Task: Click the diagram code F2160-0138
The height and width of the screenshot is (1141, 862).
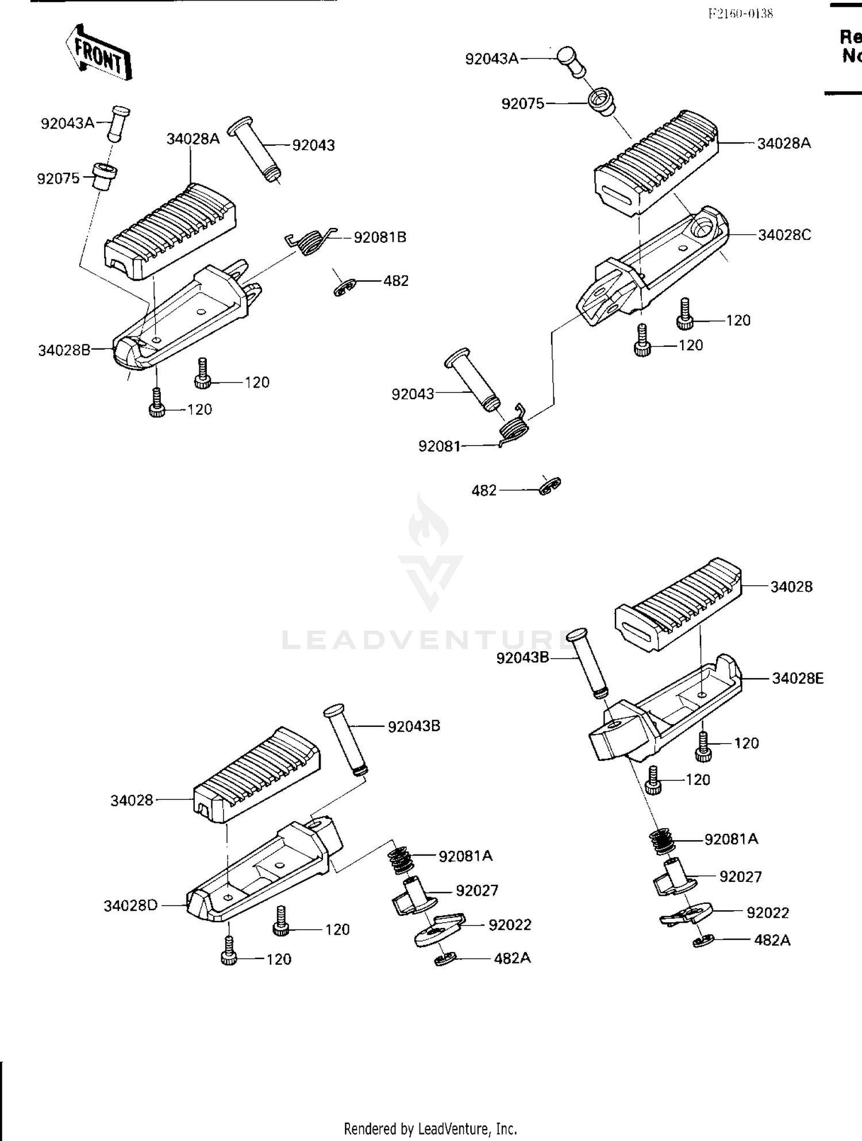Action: (x=740, y=14)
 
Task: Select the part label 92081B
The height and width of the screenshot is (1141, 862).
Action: (x=380, y=237)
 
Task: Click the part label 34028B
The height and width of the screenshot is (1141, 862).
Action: (x=64, y=350)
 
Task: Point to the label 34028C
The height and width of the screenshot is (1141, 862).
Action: (x=784, y=235)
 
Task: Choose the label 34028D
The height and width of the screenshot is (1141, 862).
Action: (x=130, y=906)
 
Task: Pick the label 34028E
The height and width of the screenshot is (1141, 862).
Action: (x=798, y=678)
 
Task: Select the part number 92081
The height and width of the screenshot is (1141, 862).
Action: (x=440, y=446)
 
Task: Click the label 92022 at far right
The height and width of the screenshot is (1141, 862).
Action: (x=768, y=912)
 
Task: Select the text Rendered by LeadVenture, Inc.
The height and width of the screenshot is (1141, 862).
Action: (x=430, y=1128)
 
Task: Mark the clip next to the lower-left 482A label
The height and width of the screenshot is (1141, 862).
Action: (x=445, y=958)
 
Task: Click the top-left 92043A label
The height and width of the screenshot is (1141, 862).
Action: (x=67, y=123)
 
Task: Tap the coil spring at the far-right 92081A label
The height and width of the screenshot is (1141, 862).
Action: (x=663, y=841)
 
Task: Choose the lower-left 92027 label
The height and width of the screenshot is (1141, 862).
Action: (x=477, y=890)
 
